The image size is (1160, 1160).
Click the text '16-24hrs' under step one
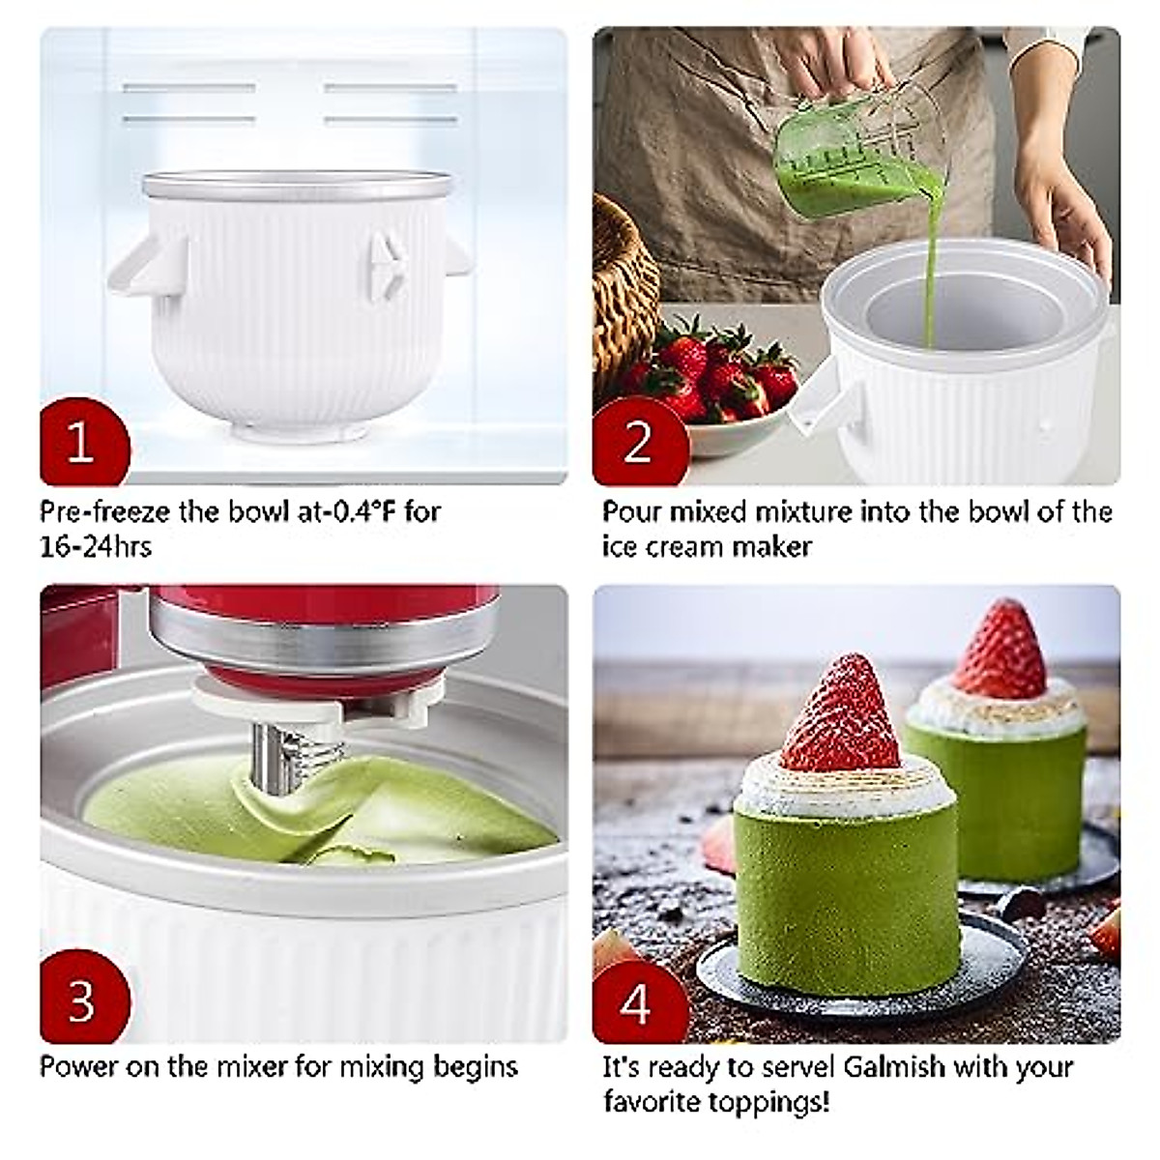click(96, 546)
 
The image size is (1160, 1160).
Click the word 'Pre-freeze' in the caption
click(102, 510)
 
